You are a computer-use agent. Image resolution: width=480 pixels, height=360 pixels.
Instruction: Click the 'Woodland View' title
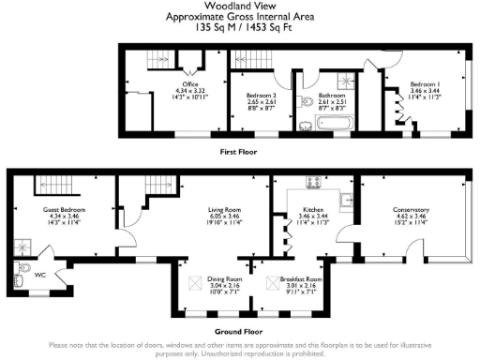click(239, 7)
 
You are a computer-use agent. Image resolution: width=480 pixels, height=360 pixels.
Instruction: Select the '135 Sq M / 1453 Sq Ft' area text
click(239, 27)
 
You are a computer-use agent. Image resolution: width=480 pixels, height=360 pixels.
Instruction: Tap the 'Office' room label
click(190, 84)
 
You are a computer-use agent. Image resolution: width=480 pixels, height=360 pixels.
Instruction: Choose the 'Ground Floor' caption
click(239, 329)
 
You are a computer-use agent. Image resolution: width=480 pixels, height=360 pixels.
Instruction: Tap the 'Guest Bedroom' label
click(57, 211)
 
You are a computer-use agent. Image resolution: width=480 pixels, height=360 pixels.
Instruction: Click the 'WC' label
click(38, 275)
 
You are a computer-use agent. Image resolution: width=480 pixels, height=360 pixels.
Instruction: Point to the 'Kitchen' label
click(312, 210)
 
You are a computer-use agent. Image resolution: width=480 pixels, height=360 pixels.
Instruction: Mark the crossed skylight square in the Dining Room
click(196, 280)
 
